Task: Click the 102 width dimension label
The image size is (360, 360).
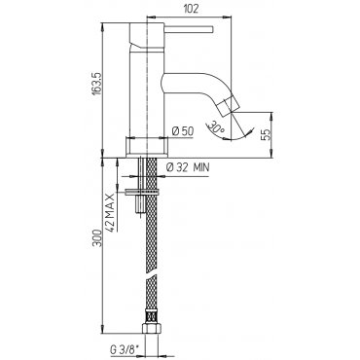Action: (x=191, y=9)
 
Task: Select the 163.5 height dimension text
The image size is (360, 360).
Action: (x=97, y=84)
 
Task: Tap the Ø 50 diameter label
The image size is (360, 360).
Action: (x=183, y=131)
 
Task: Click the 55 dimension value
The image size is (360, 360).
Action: (x=265, y=135)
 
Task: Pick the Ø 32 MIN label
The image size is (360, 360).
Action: (x=188, y=167)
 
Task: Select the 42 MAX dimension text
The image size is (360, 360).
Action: (x=111, y=212)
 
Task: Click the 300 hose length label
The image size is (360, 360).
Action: (x=97, y=237)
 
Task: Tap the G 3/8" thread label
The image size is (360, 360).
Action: (x=124, y=350)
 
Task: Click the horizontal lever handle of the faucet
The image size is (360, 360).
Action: (x=189, y=29)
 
